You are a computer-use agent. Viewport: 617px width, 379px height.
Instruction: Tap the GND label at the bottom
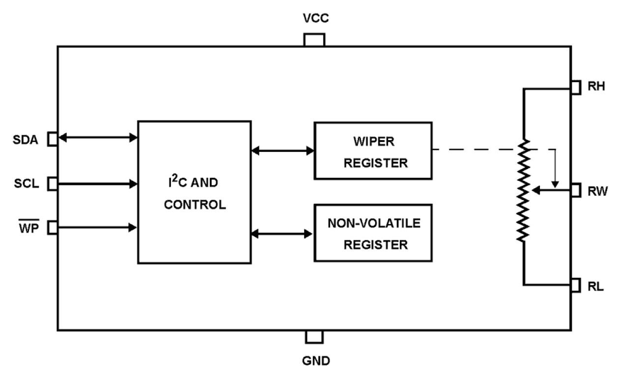(314, 362)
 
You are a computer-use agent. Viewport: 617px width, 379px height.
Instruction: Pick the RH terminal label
(595, 87)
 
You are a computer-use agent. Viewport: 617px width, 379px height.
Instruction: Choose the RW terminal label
(596, 191)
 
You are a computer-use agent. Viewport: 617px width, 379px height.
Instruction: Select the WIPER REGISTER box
(373, 150)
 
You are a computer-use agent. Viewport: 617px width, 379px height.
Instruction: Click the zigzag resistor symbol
(524, 189)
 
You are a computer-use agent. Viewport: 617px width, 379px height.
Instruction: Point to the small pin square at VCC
(314, 40)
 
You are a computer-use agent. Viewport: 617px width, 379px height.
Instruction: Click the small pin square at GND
(314, 337)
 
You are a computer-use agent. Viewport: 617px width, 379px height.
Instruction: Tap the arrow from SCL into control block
(97, 184)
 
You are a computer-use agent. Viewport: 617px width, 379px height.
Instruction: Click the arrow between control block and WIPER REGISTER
(282, 150)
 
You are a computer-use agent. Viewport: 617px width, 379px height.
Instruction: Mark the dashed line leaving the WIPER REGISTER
(477, 149)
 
